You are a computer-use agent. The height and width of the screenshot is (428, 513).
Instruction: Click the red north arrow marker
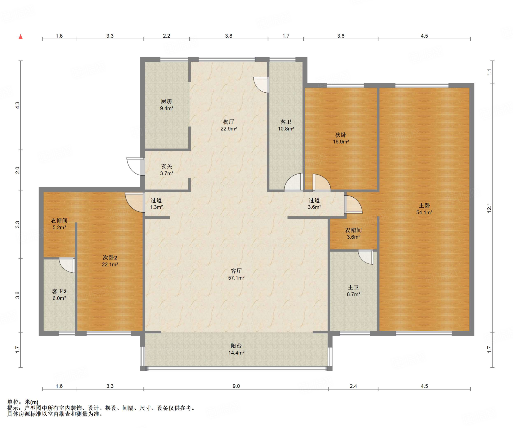[21, 37]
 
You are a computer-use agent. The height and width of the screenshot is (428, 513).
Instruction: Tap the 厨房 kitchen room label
[166, 101]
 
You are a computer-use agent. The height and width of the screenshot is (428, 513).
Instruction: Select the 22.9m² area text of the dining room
[228, 129]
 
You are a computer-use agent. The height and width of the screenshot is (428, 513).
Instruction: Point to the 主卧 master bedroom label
[424, 205]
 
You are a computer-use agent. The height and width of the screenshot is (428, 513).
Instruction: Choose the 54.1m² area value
[424, 212]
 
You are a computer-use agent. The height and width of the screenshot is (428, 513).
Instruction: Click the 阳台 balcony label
[236, 346]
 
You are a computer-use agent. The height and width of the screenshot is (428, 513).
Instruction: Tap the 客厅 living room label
[236, 271]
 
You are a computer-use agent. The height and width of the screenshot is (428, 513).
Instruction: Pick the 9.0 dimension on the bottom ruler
[236, 386]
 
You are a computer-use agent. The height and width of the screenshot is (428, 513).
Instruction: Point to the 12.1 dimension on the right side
[489, 208]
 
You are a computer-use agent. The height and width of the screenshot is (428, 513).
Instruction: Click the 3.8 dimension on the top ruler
[228, 36]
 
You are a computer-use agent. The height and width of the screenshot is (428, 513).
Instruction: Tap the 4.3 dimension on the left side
[17, 105]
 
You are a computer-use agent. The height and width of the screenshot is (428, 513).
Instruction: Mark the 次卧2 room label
[110, 257]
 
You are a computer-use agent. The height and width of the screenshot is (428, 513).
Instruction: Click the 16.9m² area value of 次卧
[341, 142]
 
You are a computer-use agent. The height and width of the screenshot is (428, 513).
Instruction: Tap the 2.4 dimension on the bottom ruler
[353, 386]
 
